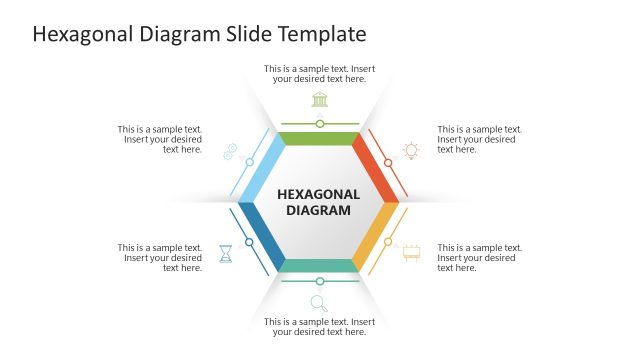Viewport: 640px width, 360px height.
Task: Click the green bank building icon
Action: click(320, 99)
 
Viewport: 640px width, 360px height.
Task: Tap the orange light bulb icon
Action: click(410, 151)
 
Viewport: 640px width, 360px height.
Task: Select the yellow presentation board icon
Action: click(411, 253)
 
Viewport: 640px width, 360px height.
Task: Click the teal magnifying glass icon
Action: click(319, 303)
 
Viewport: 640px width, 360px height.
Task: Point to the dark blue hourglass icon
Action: click(226, 253)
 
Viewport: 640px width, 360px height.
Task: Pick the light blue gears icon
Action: click(229, 151)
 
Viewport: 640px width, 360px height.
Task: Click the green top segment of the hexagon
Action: click(320, 138)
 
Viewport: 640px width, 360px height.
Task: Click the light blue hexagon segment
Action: click(262, 166)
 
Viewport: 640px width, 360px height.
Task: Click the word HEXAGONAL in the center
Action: click(319, 194)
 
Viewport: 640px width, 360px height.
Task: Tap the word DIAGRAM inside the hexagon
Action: click(319, 210)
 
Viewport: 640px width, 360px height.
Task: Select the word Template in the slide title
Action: click(322, 34)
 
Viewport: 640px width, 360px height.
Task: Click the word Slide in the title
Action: click(250, 34)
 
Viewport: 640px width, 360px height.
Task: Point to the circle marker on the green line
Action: click(320, 124)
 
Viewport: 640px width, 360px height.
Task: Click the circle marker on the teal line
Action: click(320, 281)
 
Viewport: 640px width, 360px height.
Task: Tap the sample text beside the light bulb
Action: click(479, 139)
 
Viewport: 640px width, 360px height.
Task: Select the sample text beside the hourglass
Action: click(160, 257)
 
